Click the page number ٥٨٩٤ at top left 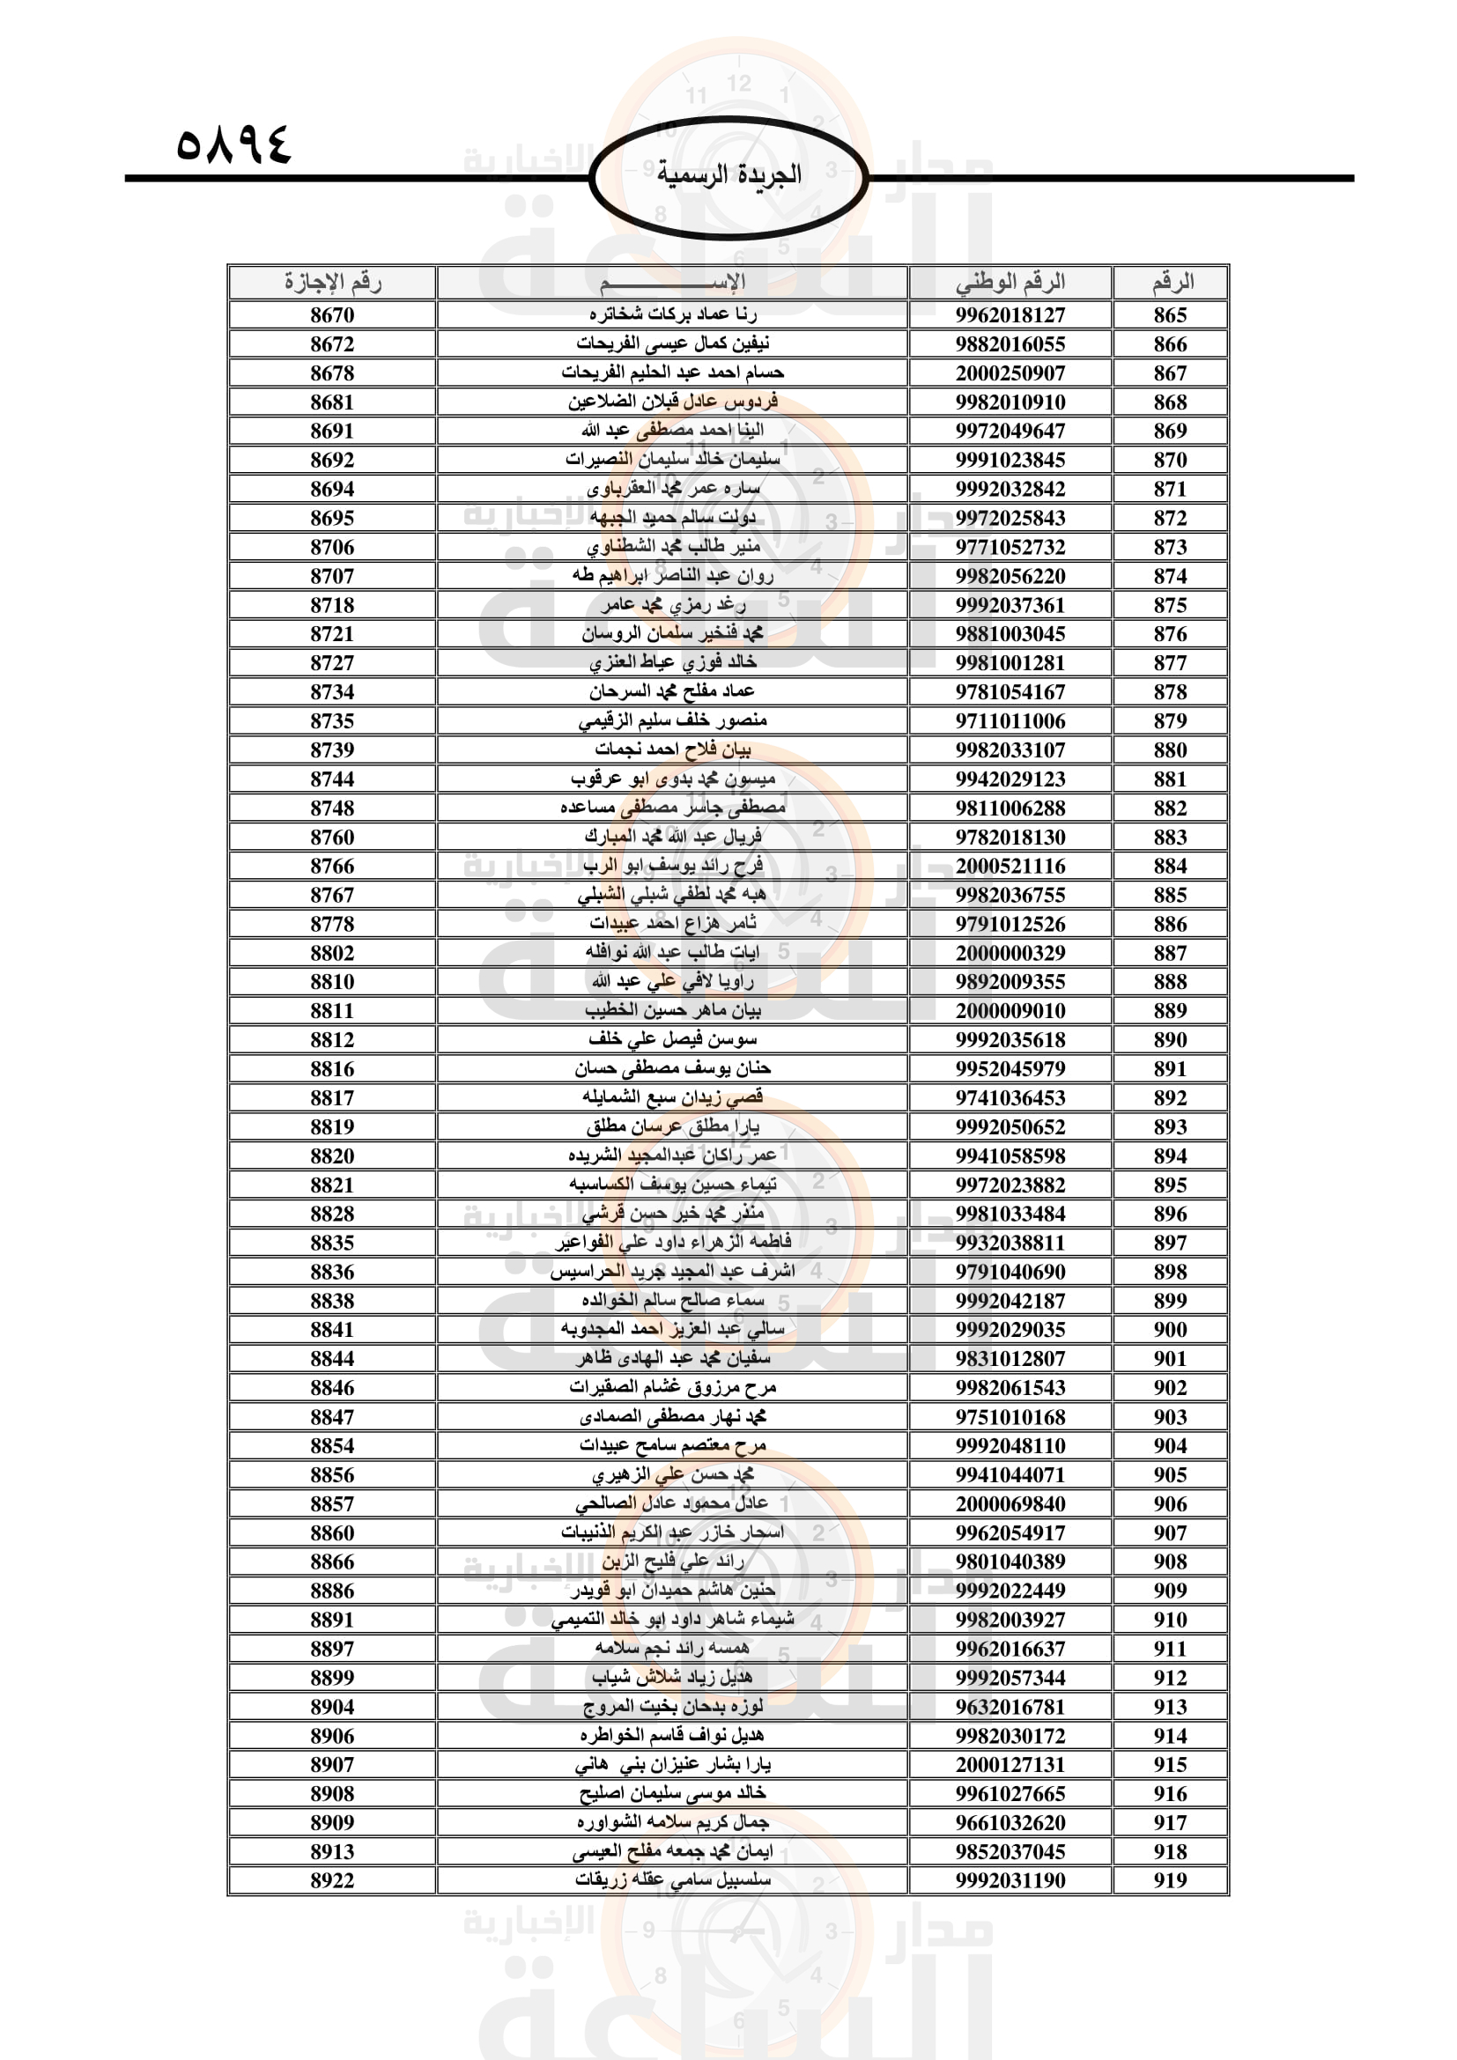(234, 144)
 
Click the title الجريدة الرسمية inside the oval (728, 174)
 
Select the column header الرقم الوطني (1010, 283)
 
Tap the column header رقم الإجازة (332, 283)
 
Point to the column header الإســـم (673, 283)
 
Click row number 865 (1170, 315)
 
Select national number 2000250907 (1010, 373)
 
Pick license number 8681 (332, 402)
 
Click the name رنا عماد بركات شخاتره (673, 315)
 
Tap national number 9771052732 (1010, 547)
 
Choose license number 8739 (332, 750)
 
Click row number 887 (1170, 953)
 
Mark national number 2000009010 (1010, 1011)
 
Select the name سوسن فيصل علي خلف (673, 1040)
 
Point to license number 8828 (332, 1214)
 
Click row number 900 (1170, 1330)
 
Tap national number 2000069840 (1010, 1503)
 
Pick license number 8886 (332, 1591)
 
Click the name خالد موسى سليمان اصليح (673, 1793)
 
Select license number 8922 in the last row (332, 1880)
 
